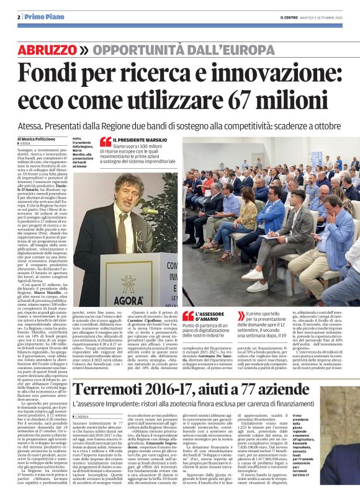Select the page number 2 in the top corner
pos(19,17)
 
